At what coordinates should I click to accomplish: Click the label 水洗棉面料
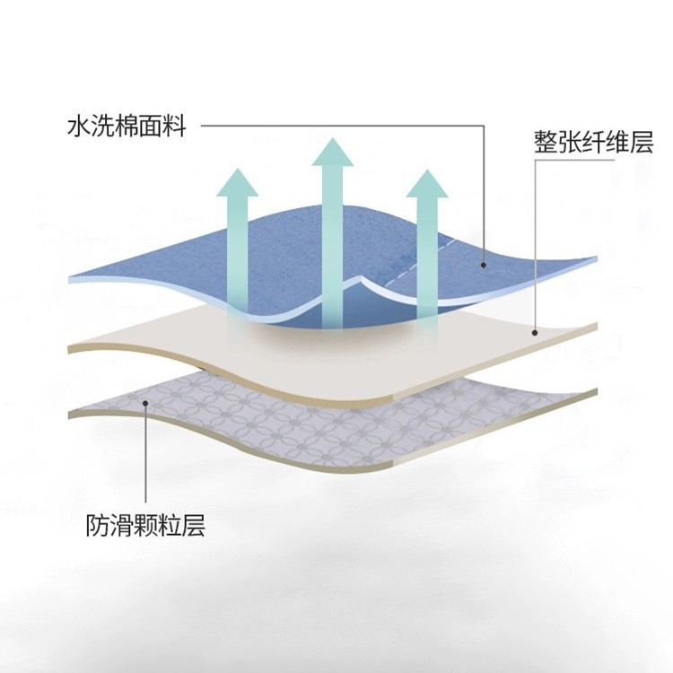(x=127, y=127)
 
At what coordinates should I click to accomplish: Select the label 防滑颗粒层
(x=145, y=524)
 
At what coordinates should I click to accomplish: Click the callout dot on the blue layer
(x=483, y=265)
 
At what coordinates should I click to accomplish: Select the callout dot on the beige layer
(x=534, y=332)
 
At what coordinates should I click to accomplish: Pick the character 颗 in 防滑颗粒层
(x=145, y=524)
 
